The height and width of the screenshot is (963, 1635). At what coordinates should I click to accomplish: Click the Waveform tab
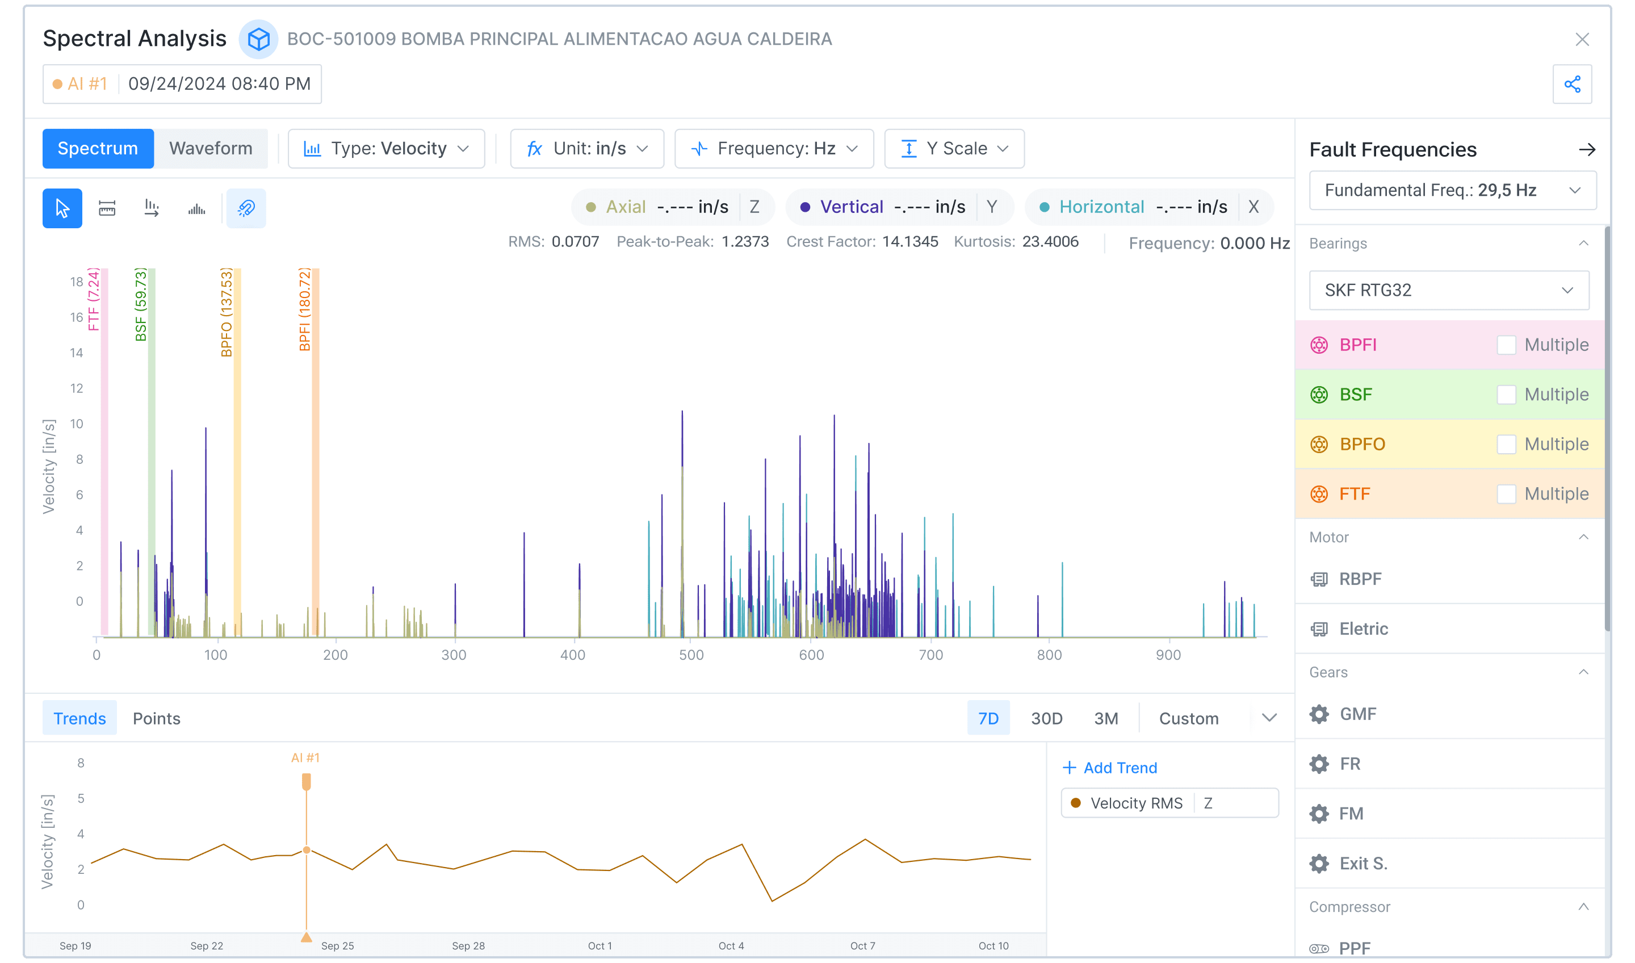coord(210,149)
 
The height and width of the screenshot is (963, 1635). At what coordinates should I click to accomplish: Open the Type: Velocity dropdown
coord(386,149)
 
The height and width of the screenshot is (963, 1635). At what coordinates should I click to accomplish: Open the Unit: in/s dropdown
coord(586,149)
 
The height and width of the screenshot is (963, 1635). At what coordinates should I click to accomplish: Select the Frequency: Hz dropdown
coord(773,149)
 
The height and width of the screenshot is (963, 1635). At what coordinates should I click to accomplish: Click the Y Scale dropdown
coord(954,149)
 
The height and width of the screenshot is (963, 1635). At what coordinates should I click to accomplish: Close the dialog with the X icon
coord(1582,40)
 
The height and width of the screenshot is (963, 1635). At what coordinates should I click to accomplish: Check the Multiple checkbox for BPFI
coord(1506,345)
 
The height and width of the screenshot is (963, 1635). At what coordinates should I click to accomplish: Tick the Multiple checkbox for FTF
coord(1506,494)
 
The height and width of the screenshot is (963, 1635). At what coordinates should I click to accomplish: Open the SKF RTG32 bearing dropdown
coord(1448,290)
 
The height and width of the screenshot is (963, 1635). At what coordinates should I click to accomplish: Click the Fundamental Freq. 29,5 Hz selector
coord(1452,190)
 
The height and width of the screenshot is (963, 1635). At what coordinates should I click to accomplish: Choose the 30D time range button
coord(1046,718)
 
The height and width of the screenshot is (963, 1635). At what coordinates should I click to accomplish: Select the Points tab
coord(156,718)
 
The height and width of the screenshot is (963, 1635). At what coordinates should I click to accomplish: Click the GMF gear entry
coord(1357,714)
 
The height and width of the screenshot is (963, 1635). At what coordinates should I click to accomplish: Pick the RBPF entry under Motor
coord(1360,579)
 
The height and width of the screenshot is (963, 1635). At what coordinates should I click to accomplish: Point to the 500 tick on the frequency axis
coord(691,655)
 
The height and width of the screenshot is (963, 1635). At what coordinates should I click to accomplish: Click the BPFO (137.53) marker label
coord(227,313)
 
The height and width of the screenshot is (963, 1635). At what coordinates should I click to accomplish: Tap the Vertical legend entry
coord(850,207)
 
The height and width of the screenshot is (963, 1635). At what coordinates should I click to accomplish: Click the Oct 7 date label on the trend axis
coord(862,945)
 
